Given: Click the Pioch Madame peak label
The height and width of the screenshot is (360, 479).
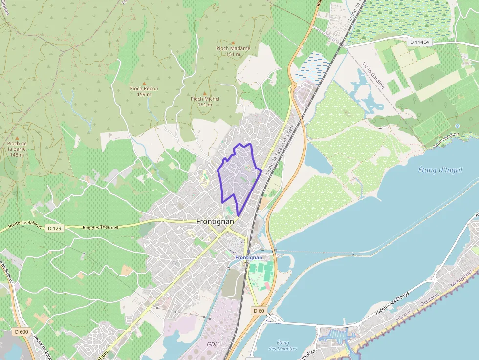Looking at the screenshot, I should point(233,48).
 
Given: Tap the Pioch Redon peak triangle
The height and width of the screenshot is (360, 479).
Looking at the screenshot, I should point(144,83).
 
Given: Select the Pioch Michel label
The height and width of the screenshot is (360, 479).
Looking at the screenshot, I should point(205,99).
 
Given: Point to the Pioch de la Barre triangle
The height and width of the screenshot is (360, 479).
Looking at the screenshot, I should point(17,138).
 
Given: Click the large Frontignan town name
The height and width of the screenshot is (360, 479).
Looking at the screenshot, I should point(215,221).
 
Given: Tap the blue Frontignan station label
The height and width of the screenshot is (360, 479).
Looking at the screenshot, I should point(248,257).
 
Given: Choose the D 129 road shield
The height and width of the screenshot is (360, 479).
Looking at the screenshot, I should point(55,228).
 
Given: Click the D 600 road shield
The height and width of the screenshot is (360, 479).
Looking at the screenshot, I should point(22,332).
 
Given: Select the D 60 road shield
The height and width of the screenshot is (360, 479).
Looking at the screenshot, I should point(259,311).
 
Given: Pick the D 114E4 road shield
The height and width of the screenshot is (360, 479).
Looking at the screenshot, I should point(419,42).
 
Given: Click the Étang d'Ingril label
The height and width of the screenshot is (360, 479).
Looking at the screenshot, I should point(440,170).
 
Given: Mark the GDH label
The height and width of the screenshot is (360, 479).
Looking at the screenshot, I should point(213,344).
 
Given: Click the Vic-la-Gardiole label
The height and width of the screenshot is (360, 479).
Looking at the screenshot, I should point(374,76).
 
